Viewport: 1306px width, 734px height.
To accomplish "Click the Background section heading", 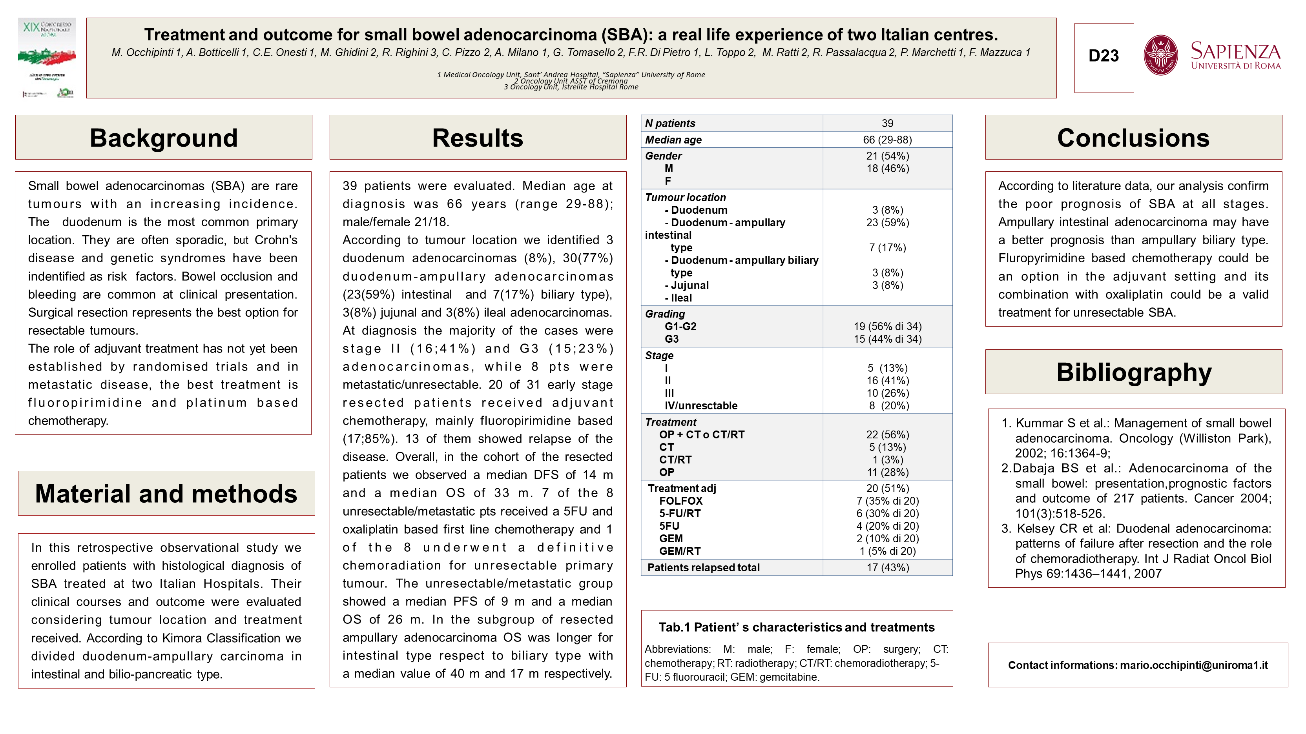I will click(x=164, y=138).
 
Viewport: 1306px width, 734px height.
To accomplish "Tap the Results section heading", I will click(x=478, y=138).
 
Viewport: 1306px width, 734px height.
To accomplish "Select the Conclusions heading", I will click(x=1133, y=138).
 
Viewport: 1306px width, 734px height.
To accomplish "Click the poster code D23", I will click(x=1104, y=56).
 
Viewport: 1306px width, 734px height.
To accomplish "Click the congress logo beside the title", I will click(x=47, y=57).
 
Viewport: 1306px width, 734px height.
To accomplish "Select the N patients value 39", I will click(x=887, y=123).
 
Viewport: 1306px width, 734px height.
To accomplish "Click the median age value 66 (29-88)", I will click(x=887, y=140).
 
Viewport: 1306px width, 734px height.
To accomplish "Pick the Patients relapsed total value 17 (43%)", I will click(x=887, y=568).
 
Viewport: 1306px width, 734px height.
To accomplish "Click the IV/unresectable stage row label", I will click(x=701, y=406).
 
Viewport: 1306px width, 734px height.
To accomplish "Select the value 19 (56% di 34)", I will click(x=887, y=327).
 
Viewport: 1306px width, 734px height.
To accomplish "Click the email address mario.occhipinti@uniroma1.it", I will click(x=1194, y=665).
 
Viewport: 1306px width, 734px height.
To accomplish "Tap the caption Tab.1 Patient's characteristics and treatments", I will click(x=797, y=627).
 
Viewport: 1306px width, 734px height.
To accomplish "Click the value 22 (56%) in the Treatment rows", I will click(x=887, y=434).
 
